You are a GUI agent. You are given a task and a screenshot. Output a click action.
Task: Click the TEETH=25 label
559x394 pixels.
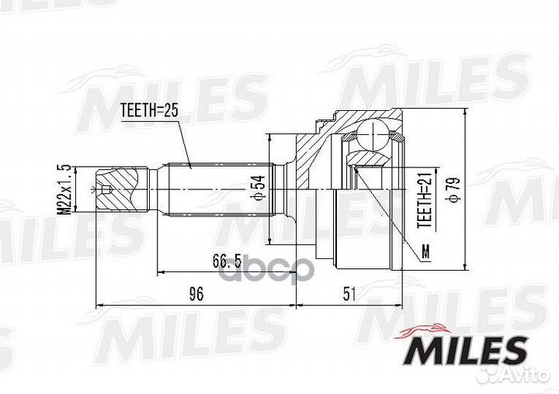point(150,112)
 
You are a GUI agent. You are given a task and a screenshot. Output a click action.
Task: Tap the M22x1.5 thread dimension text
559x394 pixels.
point(68,189)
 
